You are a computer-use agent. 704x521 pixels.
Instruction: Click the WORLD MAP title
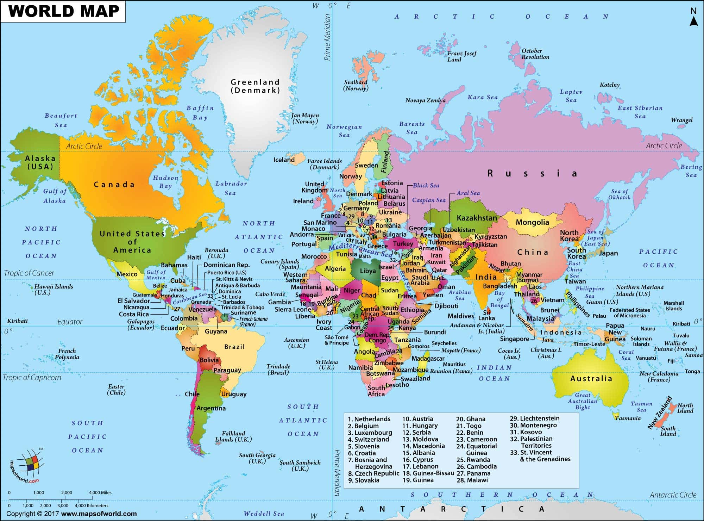click(64, 11)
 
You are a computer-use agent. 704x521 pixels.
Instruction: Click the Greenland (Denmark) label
click(255, 86)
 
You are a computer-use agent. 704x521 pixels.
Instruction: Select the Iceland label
click(284, 160)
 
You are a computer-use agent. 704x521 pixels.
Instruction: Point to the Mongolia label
click(532, 222)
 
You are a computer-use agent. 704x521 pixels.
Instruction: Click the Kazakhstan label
click(477, 218)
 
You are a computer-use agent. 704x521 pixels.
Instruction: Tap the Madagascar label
click(428, 358)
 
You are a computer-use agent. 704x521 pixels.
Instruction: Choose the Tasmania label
click(628, 418)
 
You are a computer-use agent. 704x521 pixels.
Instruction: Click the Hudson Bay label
click(165, 182)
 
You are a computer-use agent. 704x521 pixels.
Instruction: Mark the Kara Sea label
click(482, 97)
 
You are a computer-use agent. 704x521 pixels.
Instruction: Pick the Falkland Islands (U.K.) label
click(233, 436)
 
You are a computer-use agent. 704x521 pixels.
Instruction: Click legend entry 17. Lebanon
click(420, 466)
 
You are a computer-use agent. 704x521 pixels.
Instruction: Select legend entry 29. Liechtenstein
click(534, 418)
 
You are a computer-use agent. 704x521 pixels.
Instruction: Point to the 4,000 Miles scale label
click(100, 492)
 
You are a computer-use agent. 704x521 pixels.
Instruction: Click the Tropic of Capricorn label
click(32, 378)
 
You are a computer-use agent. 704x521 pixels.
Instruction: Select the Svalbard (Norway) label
click(356, 85)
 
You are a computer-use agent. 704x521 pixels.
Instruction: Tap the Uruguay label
click(234, 394)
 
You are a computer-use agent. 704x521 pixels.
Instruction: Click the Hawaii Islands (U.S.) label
click(54, 289)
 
